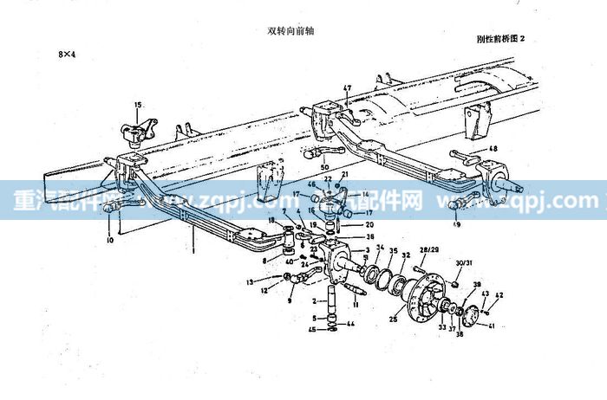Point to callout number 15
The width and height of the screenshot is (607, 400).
pos(136,105)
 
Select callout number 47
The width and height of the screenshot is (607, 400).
pos(346,88)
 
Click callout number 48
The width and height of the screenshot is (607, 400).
pos(494,149)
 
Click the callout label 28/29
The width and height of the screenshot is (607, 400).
pos(428,249)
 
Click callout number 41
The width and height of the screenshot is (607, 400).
pos(493,326)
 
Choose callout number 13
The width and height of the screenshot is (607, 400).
pos(250,281)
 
